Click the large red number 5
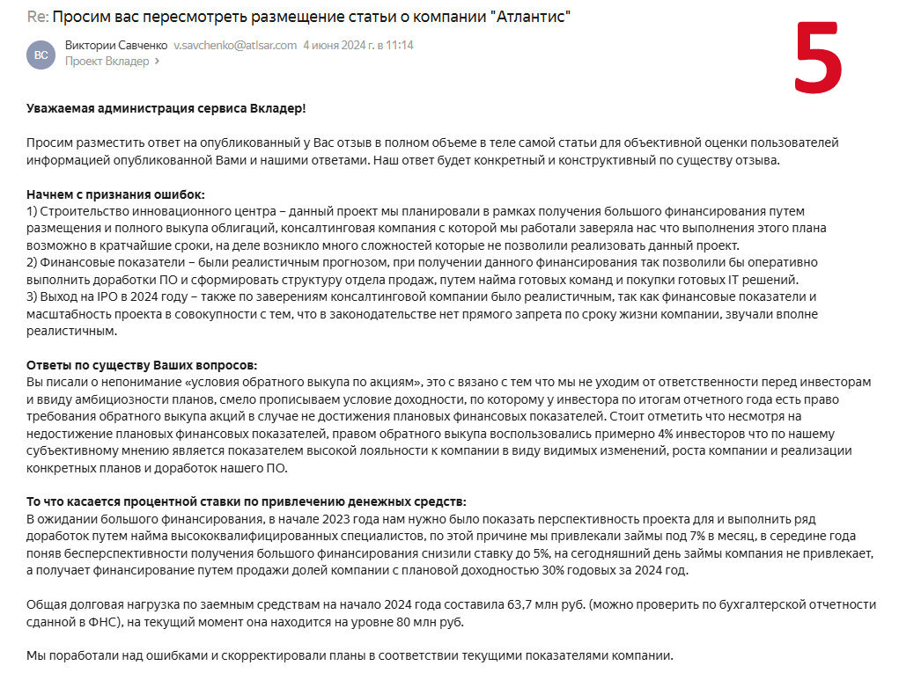(818, 57)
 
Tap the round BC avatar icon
(41, 54)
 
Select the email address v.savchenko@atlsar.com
(235, 45)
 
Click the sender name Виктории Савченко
(114, 45)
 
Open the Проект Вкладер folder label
(107, 62)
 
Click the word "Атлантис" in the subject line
(527, 18)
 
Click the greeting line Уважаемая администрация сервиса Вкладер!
(166, 108)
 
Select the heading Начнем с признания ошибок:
(115, 194)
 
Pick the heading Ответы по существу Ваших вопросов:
(142, 365)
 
